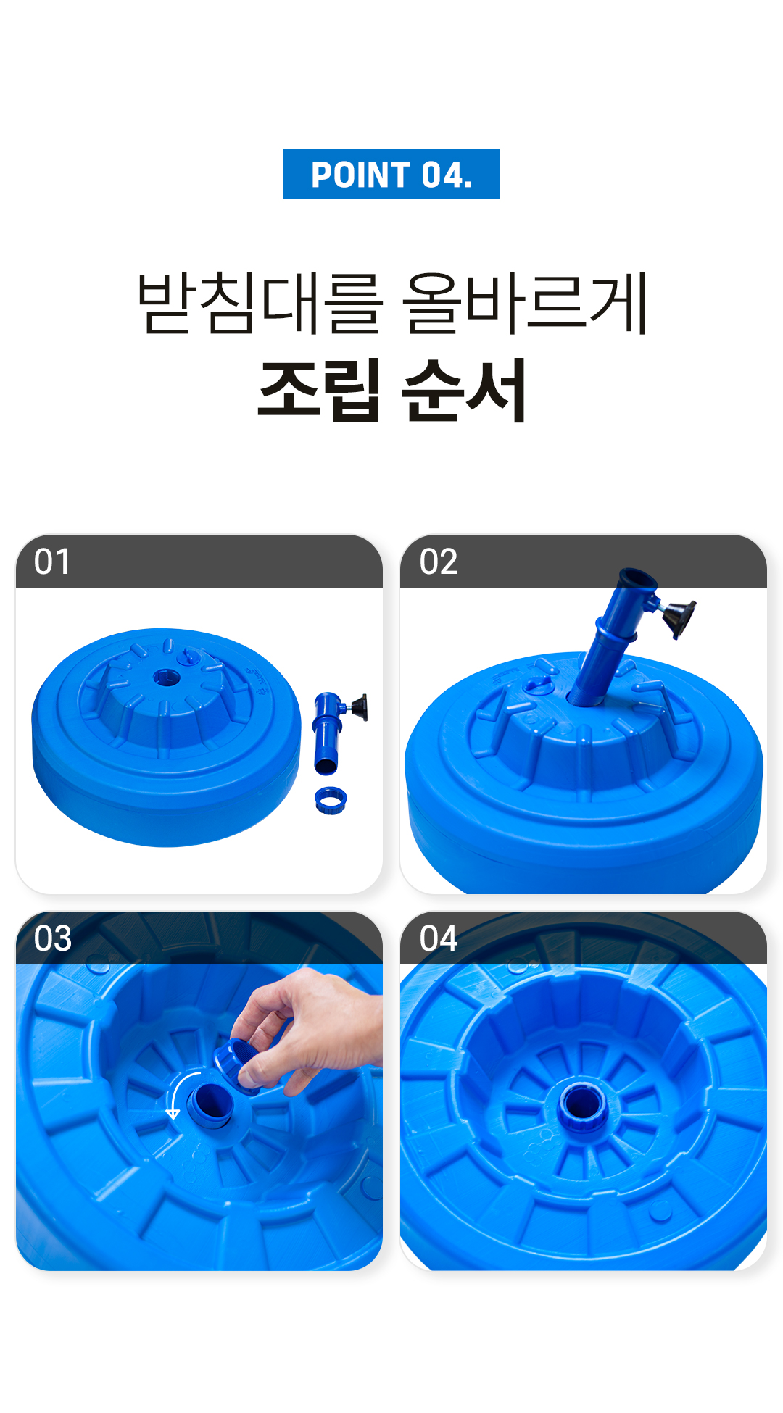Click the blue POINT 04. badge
click(x=391, y=174)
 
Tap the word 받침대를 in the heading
click(x=260, y=304)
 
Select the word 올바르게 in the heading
click(x=525, y=304)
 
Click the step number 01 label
click(x=52, y=562)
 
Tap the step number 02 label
click(x=438, y=562)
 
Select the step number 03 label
click(x=52, y=938)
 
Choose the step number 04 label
click(x=438, y=938)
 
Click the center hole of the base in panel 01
click(x=166, y=679)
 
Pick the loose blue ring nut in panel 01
click(x=331, y=800)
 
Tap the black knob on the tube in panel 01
click(x=359, y=707)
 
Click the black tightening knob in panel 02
click(x=679, y=618)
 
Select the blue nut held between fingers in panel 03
click(x=237, y=1064)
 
